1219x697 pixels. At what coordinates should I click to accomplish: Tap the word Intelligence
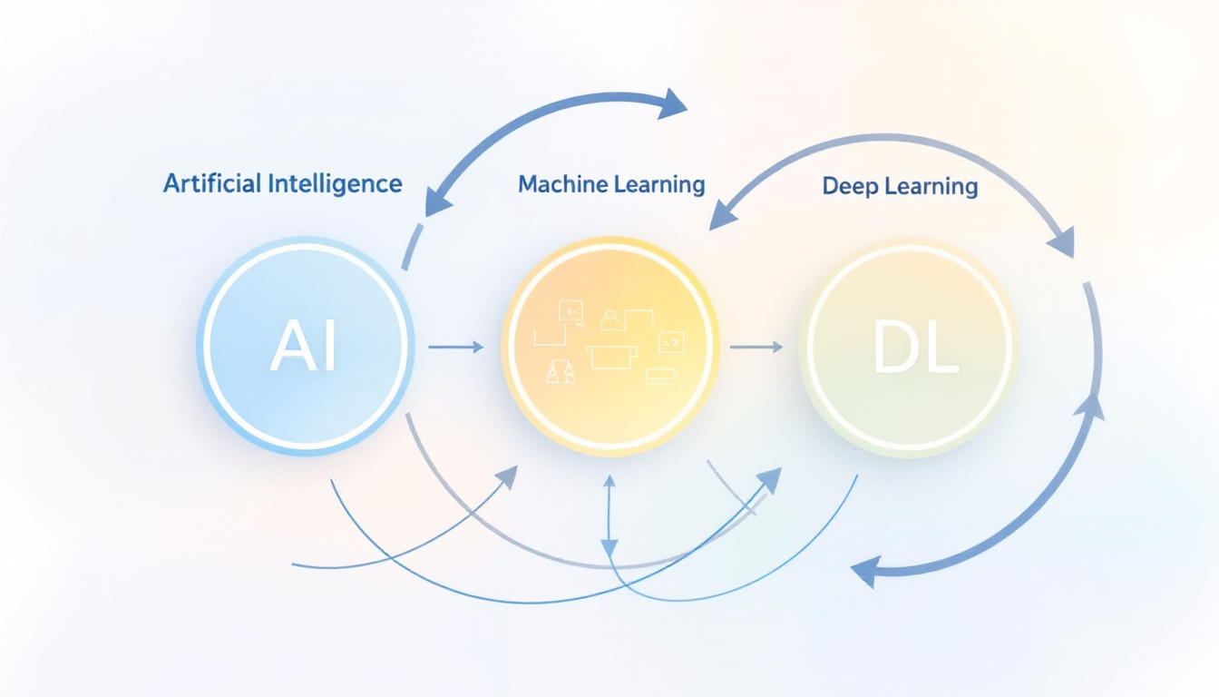click(336, 183)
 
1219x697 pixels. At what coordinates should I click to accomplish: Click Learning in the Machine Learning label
click(659, 185)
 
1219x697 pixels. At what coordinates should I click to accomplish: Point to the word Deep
click(851, 187)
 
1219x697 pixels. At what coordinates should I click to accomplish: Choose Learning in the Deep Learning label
click(932, 187)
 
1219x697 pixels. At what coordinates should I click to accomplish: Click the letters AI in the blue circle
click(303, 347)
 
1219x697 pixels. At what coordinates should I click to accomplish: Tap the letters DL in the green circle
click(914, 348)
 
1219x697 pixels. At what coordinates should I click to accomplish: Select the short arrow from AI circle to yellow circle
click(457, 346)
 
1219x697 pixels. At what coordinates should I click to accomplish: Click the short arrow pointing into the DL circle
click(756, 346)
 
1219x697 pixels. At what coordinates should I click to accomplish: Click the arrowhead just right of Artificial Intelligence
click(439, 202)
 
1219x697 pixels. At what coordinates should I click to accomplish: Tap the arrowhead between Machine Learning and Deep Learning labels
click(721, 214)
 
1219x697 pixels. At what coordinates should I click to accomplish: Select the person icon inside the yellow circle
click(609, 319)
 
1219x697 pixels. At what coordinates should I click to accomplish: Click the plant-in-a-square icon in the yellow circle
click(569, 310)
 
